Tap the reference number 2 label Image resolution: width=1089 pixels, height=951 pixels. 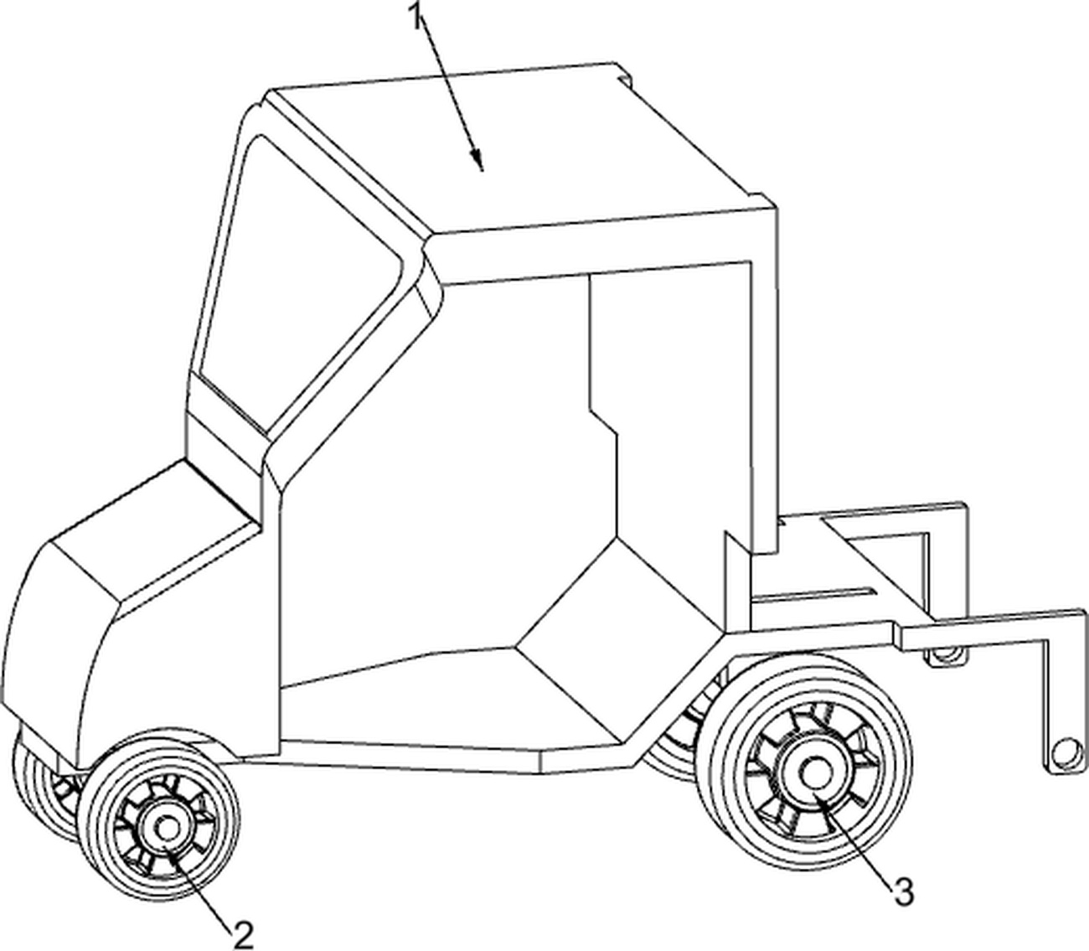(x=243, y=933)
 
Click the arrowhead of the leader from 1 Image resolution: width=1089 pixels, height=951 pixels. (x=478, y=161)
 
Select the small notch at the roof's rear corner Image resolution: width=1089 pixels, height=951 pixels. (x=624, y=75)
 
